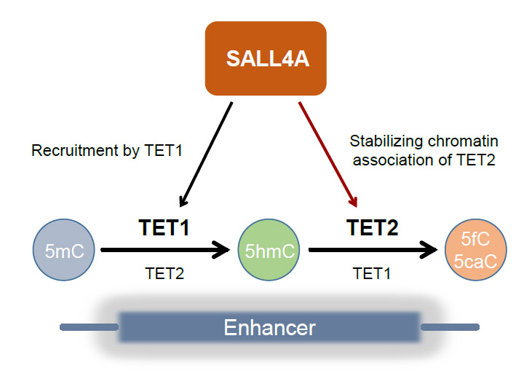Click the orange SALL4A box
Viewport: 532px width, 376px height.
click(x=266, y=58)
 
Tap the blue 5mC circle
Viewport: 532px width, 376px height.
click(x=63, y=251)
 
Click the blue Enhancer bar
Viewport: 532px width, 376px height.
click(x=269, y=327)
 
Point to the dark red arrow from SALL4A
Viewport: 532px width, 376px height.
click(x=327, y=154)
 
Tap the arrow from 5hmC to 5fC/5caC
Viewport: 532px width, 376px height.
click(x=371, y=251)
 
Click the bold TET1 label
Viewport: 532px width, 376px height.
click(x=164, y=228)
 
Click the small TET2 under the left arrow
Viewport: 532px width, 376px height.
click(x=164, y=274)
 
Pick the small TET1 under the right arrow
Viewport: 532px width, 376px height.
click(x=371, y=274)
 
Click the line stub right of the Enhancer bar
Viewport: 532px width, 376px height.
click(x=449, y=327)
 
